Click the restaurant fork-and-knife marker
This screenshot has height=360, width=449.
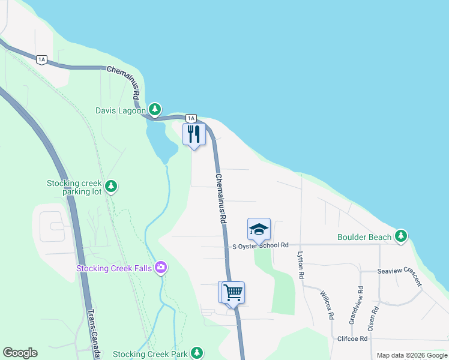pyautogui.click(x=194, y=134)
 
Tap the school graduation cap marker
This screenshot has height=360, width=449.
pyautogui.click(x=259, y=229)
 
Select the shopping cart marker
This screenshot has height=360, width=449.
pyautogui.click(x=233, y=293)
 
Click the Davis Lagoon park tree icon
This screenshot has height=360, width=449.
pyautogui.click(x=155, y=109)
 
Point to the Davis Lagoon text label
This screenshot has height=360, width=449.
pyautogui.click(x=121, y=110)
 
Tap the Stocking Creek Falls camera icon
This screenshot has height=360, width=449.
pyautogui.click(x=160, y=267)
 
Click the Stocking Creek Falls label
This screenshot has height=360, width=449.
pyautogui.click(x=113, y=268)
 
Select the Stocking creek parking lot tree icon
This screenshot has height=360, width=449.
pyautogui.click(x=110, y=187)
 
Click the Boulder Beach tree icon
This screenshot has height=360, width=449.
pyautogui.click(x=401, y=236)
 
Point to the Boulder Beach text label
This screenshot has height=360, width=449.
pyautogui.click(x=364, y=237)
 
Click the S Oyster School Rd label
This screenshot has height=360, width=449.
pyautogui.click(x=261, y=245)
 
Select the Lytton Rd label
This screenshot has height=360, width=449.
pyautogui.click(x=301, y=265)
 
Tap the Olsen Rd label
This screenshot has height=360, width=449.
pyautogui.click(x=374, y=319)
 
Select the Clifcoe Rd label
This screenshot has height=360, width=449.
pyautogui.click(x=351, y=338)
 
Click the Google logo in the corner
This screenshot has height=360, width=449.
pyautogui.click(x=20, y=353)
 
